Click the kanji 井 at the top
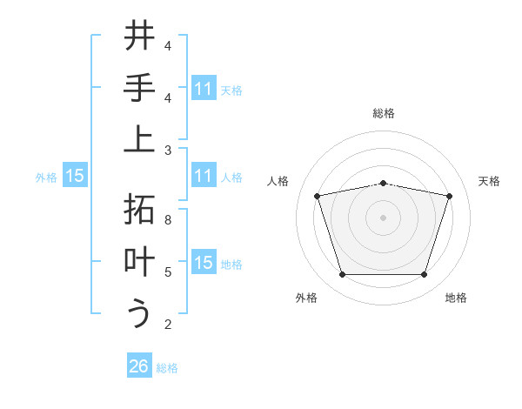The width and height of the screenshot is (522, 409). click(139, 37)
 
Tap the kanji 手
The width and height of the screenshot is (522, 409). click(139, 89)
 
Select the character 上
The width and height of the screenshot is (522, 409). click(139, 140)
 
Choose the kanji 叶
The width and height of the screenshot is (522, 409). click(139, 262)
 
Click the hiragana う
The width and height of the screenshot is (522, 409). click(139, 313)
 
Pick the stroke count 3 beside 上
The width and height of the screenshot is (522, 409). click(168, 150)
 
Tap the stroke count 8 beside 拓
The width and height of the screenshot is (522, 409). click(168, 220)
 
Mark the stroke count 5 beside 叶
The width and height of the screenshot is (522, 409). click(168, 272)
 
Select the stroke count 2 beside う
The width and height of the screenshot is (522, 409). click(168, 324)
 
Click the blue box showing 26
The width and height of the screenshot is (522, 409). click(139, 366)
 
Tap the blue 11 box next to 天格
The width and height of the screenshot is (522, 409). click(203, 89)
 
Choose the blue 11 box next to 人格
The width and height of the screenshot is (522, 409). click(203, 176)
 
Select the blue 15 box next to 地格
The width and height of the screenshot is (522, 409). click(203, 263)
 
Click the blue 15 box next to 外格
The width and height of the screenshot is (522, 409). click(75, 176)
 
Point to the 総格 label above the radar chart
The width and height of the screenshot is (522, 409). click(383, 113)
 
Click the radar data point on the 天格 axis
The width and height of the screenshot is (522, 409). click(449, 196)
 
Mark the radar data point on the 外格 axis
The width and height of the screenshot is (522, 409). click(342, 275)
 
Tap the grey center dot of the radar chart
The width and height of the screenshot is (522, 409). click(383, 218)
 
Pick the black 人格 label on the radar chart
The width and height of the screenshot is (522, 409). click(279, 181)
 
